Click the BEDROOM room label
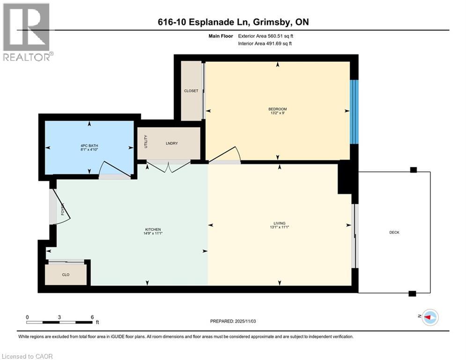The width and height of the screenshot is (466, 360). click(x=278, y=109)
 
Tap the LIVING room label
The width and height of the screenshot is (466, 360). click(x=280, y=223)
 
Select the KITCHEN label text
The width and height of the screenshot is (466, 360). click(x=152, y=229)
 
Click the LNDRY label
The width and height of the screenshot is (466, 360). click(x=171, y=143)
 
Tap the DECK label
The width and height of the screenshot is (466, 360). click(x=394, y=232)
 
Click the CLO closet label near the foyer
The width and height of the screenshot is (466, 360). click(x=66, y=275)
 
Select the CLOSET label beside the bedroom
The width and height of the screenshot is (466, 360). click(x=191, y=91)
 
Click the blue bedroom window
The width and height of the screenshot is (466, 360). click(x=355, y=112)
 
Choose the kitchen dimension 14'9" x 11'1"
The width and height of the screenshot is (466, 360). click(x=152, y=233)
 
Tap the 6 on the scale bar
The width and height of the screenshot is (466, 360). click(x=92, y=317)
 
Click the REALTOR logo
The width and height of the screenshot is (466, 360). click(x=27, y=32)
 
